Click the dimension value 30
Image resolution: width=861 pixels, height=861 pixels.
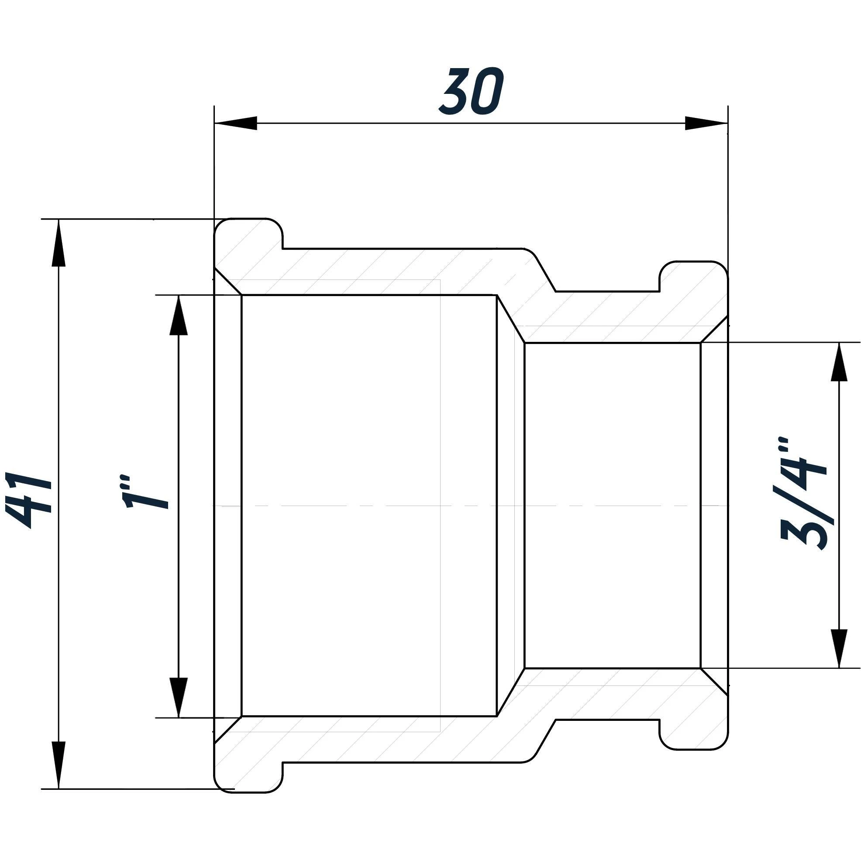[x=472, y=92]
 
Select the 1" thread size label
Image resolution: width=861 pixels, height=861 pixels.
[x=148, y=491]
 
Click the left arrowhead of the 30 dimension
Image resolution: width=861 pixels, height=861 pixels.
[x=236, y=124]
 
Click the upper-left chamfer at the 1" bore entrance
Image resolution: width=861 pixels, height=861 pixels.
[x=228, y=282]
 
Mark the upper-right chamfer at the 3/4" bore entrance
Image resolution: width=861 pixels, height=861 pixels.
[x=714, y=330]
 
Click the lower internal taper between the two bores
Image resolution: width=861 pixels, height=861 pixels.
[x=511, y=693]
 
